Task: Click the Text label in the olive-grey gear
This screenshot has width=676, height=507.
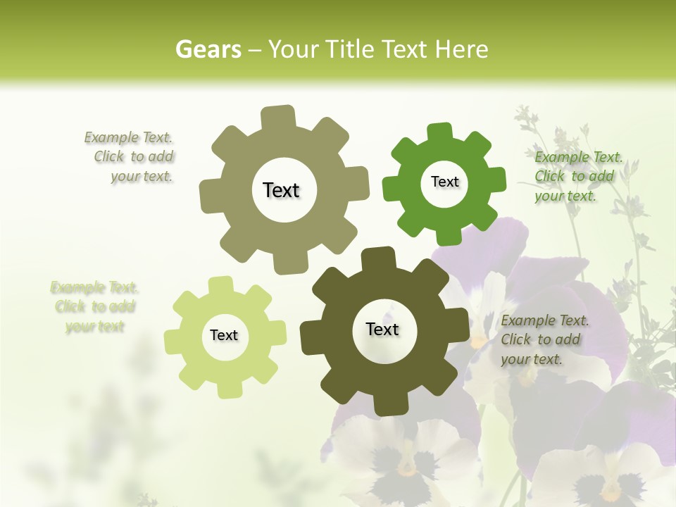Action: (x=281, y=190)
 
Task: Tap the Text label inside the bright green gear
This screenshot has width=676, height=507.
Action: (x=444, y=182)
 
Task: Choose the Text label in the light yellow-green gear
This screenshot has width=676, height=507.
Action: (x=224, y=336)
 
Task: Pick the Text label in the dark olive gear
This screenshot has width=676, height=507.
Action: (x=382, y=330)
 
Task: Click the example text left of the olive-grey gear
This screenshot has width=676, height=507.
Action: (x=133, y=157)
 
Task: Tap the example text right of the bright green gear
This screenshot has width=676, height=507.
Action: (x=577, y=176)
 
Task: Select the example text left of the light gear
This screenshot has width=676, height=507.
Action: (x=94, y=307)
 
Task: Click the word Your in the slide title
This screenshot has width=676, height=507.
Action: (x=294, y=49)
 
